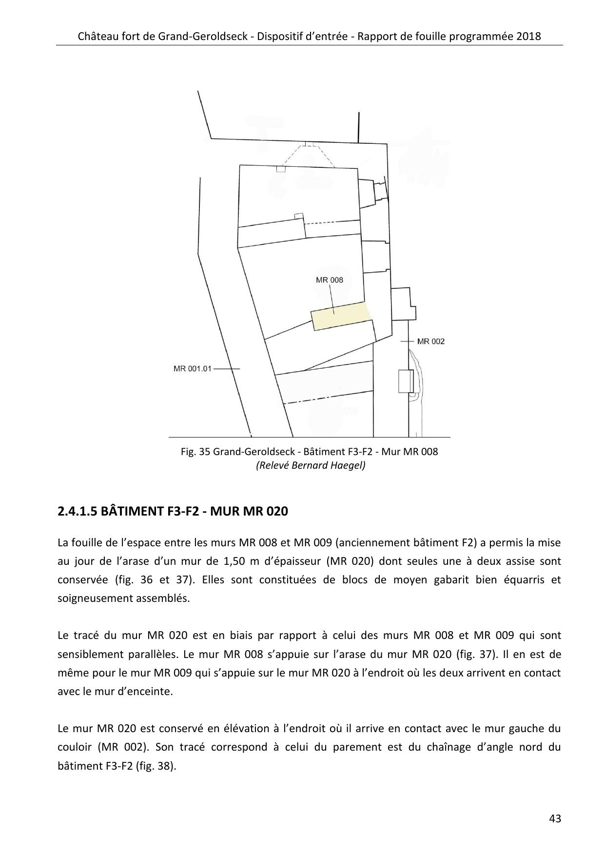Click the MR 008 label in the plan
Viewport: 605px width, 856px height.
tap(329, 280)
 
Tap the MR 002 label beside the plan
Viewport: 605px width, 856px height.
tap(431, 341)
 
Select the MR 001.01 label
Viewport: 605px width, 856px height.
tap(193, 369)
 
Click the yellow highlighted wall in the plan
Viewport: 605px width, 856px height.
tap(341, 316)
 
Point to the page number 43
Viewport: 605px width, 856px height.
tap(555, 818)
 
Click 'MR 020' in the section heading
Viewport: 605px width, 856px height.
tap(268, 511)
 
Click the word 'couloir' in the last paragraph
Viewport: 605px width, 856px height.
tap(74, 747)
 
